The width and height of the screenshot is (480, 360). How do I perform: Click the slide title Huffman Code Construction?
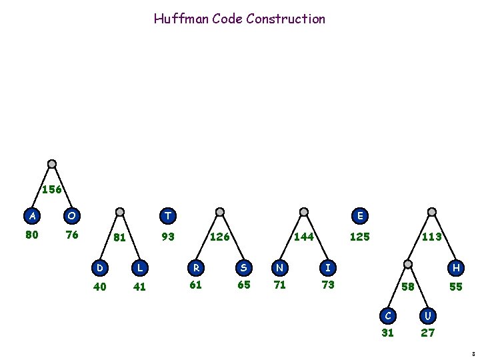coord(239,19)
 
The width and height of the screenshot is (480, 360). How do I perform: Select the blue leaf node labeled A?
coord(31,215)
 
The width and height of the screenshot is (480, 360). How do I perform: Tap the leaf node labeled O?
coord(71,215)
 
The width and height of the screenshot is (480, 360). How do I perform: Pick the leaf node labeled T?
coord(168,215)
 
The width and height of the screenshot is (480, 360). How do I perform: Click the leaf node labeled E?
coord(360,215)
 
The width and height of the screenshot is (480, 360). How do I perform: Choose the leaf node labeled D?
coord(100,267)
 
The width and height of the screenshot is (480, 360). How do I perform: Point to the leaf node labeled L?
coord(139,267)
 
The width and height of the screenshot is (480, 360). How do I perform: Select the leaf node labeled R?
coord(196,267)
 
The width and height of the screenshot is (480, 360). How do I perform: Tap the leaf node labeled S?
coord(244,267)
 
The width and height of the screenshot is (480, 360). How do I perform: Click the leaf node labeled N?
coord(280,267)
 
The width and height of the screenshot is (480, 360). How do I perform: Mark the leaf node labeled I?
coord(327,267)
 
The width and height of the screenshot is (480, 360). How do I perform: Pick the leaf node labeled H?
coord(456,267)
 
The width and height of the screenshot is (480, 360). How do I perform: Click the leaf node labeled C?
coord(387,314)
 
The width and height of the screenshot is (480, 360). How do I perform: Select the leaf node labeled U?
coord(428,314)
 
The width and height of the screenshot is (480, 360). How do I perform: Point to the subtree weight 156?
coord(52,189)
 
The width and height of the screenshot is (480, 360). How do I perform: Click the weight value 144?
coord(305,236)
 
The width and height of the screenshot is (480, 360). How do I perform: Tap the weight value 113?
coord(431,236)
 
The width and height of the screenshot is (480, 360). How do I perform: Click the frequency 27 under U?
coord(427,333)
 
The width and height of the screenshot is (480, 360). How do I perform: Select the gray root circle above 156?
coord(52,164)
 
